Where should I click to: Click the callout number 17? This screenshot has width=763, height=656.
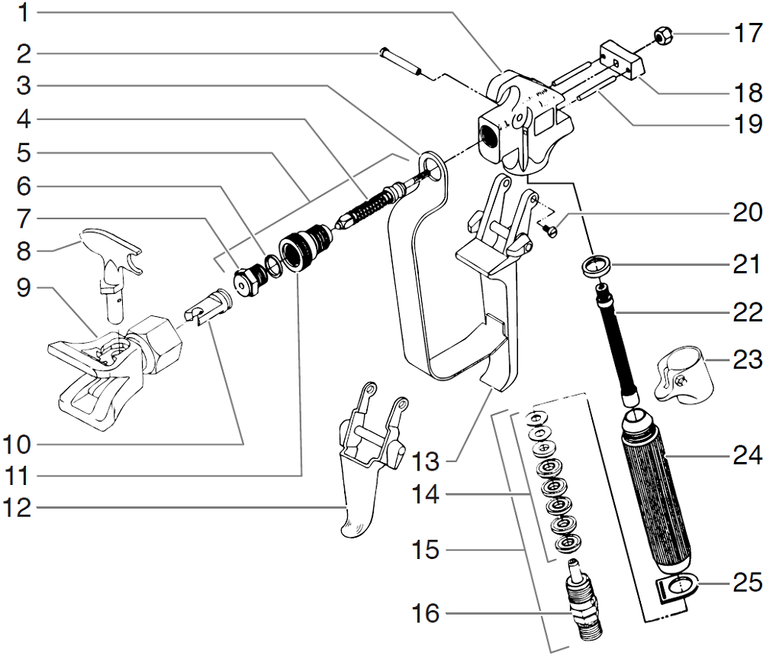746,33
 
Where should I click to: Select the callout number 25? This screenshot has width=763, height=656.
746,583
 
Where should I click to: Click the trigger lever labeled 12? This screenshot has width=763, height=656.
359,489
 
